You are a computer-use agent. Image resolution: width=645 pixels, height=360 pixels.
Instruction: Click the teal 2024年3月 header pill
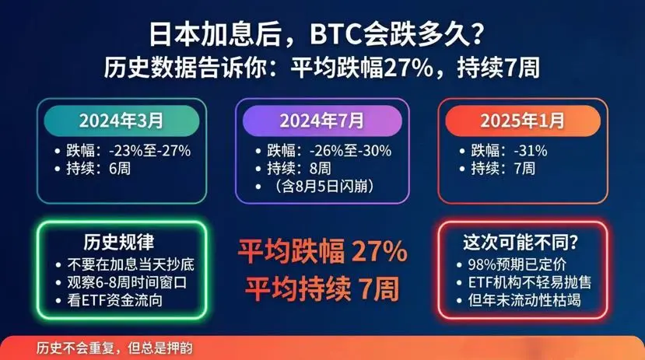121,121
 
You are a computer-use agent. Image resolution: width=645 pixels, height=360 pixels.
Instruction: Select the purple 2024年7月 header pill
322,121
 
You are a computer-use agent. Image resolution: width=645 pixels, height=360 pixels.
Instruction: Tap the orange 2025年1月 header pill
523,121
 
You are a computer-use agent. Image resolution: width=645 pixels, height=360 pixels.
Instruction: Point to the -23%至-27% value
149,151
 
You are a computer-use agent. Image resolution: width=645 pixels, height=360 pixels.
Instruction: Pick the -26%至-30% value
350,151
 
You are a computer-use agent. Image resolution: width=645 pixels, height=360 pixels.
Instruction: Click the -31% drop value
531,151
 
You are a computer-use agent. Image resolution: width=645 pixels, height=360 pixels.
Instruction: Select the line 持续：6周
98,169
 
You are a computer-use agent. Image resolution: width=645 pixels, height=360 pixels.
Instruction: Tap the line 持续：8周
299,169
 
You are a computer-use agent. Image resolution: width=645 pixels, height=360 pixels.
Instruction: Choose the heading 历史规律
119,242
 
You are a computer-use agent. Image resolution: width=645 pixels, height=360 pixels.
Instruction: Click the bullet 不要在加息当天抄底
131,264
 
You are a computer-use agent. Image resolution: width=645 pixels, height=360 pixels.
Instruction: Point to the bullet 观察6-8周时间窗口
127,282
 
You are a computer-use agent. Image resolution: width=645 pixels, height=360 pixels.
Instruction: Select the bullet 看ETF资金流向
115,300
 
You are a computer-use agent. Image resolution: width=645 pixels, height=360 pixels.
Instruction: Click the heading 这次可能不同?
521,242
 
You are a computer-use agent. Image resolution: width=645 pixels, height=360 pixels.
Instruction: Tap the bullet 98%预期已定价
517,264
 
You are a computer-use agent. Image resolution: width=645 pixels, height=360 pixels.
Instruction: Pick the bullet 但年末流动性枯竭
524,300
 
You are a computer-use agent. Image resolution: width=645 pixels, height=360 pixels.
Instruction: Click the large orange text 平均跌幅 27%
323,251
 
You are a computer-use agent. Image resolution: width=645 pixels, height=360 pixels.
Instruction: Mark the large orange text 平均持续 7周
322,288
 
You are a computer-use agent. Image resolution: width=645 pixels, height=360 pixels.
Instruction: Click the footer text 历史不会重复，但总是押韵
114,348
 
